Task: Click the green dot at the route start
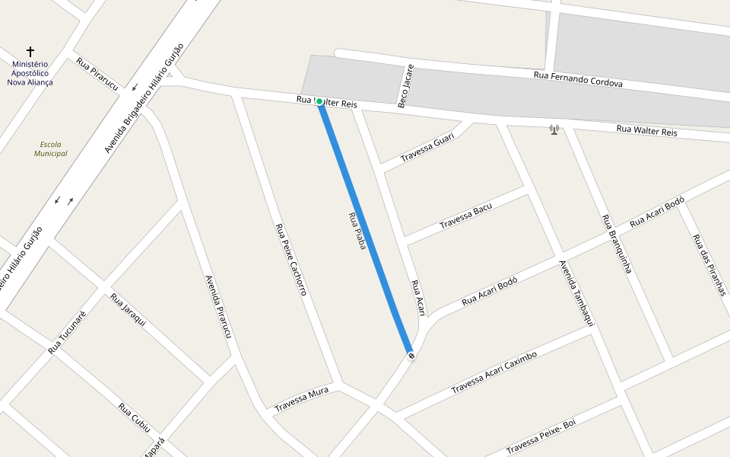pyautogui.click(x=319, y=102)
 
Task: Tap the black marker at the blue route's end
pyautogui.click(x=411, y=356)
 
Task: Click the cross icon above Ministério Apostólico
pyautogui.click(x=30, y=52)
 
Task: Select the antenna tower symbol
pyautogui.click(x=554, y=130)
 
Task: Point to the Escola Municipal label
pyautogui.click(x=50, y=149)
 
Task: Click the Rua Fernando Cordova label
pyautogui.click(x=578, y=79)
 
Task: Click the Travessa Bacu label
pyautogui.click(x=465, y=216)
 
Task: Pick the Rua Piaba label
pyautogui.click(x=357, y=231)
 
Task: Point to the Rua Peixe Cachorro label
pyautogui.click(x=290, y=259)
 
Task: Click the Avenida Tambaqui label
pyautogui.click(x=576, y=293)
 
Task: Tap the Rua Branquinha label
pyautogui.click(x=617, y=243)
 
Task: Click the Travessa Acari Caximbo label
pyautogui.click(x=494, y=372)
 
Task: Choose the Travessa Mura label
pyautogui.click(x=301, y=399)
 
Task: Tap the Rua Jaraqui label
pyautogui.click(x=128, y=310)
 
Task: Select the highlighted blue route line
pyautogui.click(x=365, y=228)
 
